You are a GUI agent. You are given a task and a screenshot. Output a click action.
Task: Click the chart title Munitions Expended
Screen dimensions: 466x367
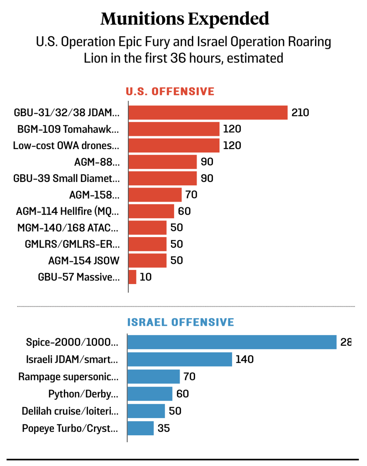(185, 19)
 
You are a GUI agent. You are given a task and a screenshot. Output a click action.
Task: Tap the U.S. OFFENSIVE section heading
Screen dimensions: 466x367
(170, 91)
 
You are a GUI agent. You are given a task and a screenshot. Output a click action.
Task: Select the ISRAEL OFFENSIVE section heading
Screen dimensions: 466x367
(181, 322)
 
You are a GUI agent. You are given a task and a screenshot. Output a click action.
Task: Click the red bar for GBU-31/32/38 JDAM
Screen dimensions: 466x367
(208, 113)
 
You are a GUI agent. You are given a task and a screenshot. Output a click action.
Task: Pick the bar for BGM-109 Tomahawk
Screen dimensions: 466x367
(174, 129)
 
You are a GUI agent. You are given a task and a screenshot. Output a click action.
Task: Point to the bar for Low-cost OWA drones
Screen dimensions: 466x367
(174, 145)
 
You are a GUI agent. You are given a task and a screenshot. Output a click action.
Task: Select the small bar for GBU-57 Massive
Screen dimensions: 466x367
(132, 277)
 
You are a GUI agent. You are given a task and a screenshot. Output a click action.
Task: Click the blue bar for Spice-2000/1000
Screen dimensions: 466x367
(232, 342)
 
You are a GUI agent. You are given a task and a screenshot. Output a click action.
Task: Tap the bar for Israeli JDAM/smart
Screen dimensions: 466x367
(180, 359)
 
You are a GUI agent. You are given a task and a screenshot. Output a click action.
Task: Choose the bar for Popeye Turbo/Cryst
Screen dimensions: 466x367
(141, 428)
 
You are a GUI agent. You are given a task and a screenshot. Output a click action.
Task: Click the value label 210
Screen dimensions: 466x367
(300, 113)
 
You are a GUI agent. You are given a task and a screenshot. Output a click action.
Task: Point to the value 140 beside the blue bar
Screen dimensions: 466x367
(244, 359)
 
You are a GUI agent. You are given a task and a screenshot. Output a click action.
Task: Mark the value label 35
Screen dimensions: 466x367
(164, 428)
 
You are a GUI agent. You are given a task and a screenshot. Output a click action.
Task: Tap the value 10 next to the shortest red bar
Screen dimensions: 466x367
(145, 277)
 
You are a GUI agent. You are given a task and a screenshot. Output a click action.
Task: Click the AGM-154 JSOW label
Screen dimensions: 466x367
(84, 261)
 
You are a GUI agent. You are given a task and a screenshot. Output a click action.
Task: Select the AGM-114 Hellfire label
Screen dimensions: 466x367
(67, 211)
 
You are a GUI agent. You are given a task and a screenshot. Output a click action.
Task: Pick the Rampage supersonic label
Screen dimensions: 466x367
(68, 377)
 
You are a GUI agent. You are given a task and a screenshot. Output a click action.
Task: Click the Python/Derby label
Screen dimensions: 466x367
(83, 394)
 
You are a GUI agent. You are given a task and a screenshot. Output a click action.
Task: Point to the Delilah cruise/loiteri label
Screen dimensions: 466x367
(70, 411)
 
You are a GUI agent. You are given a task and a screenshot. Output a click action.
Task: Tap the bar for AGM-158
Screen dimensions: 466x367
(155, 195)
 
